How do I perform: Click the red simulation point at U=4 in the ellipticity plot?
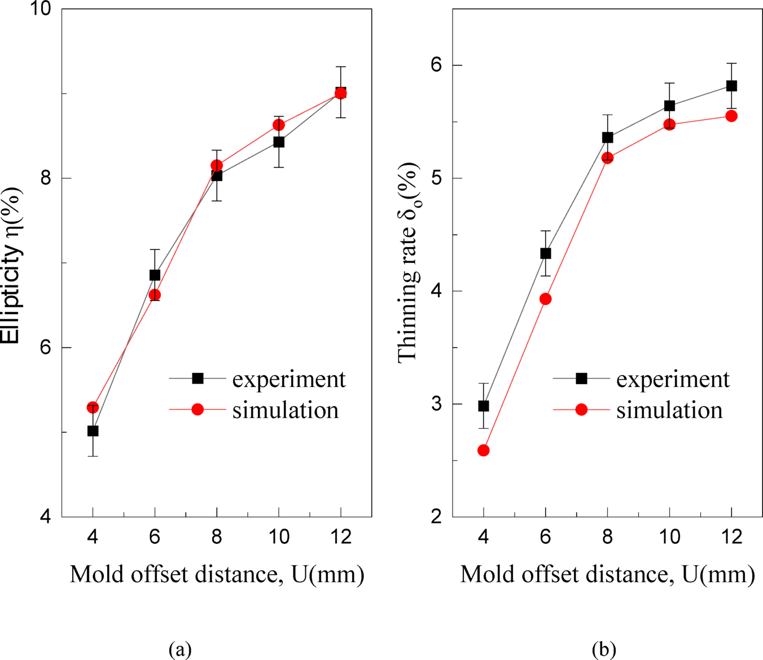click(x=93, y=407)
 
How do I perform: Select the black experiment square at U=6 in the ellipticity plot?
click(x=155, y=275)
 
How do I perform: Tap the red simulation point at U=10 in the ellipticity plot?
click(x=279, y=125)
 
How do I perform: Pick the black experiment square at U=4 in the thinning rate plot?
click(x=484, y=406)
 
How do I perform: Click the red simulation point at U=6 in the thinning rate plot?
click(x=546, y=299)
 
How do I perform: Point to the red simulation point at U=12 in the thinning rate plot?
click(x=731, y=116)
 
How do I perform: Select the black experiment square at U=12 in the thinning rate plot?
click(x=731, y=86)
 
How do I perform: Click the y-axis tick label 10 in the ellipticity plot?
click(x=40, y=9)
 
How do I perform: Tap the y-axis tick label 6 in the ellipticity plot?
click(x=45, y=347)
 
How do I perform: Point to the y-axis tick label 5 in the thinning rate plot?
click(x=436, y=178)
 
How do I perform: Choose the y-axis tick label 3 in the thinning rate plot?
click(x=436, y=404)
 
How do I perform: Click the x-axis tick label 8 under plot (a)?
click(x=217, y=536)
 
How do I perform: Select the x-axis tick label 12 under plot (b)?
click(x=731, y=536)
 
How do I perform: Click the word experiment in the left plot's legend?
click(x=289, y=379)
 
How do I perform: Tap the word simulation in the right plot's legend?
click(x=669, y=410)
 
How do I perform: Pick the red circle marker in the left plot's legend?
click(x=198, y=410)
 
